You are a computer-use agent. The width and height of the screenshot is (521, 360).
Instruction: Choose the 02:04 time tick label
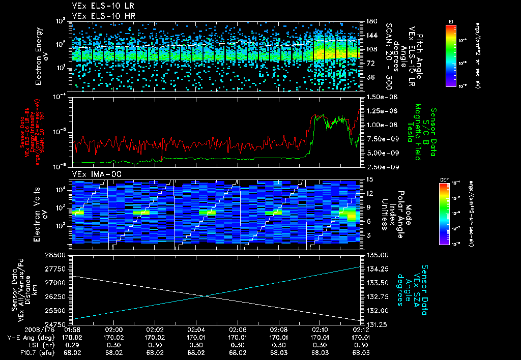[x=196, y=329]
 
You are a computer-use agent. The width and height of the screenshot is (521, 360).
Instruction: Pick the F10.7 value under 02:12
[x=361, y=352]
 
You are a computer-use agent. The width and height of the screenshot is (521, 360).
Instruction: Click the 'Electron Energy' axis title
[x=39, y=54]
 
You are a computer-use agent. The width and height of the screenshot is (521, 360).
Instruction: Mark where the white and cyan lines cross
[x=207, y=296]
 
